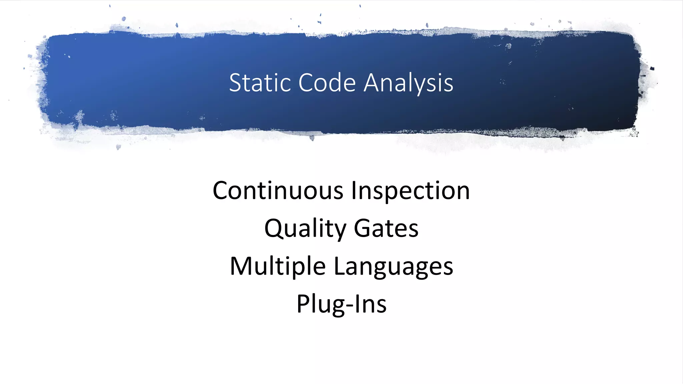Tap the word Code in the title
click(327, 83)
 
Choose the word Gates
click(386, 228)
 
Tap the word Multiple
click(278, 267)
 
